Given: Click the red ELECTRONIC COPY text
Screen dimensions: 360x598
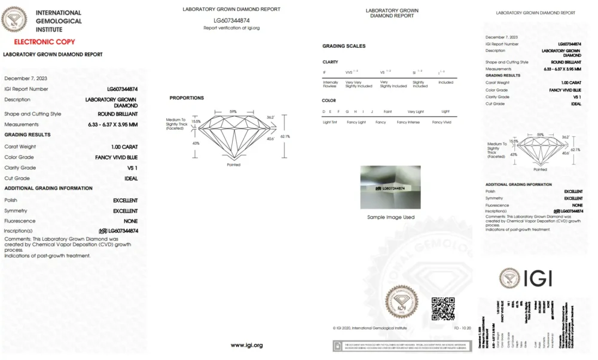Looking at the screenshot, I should [45, 42].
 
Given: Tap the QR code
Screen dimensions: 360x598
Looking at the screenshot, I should [443, 308].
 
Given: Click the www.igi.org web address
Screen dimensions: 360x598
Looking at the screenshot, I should [247, 345].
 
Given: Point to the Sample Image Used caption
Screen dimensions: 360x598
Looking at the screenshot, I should [390, 217].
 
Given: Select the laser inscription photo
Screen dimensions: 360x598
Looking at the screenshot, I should [390, 187].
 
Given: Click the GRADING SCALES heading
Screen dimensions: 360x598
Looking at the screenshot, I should [344, 46].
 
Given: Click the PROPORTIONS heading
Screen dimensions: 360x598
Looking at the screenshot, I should [187, 97].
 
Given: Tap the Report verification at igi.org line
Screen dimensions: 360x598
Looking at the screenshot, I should [231, 28].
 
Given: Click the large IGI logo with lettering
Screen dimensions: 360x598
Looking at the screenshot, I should [526, 278].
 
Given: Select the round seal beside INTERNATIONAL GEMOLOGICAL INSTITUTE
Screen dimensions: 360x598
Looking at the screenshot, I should [14, 20].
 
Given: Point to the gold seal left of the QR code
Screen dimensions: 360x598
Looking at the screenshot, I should [401, 301].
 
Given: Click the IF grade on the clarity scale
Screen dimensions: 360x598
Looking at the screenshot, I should [325, 72].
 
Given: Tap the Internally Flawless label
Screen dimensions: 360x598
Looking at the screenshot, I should [330, 84].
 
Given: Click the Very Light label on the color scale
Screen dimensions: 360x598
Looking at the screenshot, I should [415, 111].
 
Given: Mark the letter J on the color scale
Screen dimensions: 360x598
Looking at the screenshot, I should [371, 111].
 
